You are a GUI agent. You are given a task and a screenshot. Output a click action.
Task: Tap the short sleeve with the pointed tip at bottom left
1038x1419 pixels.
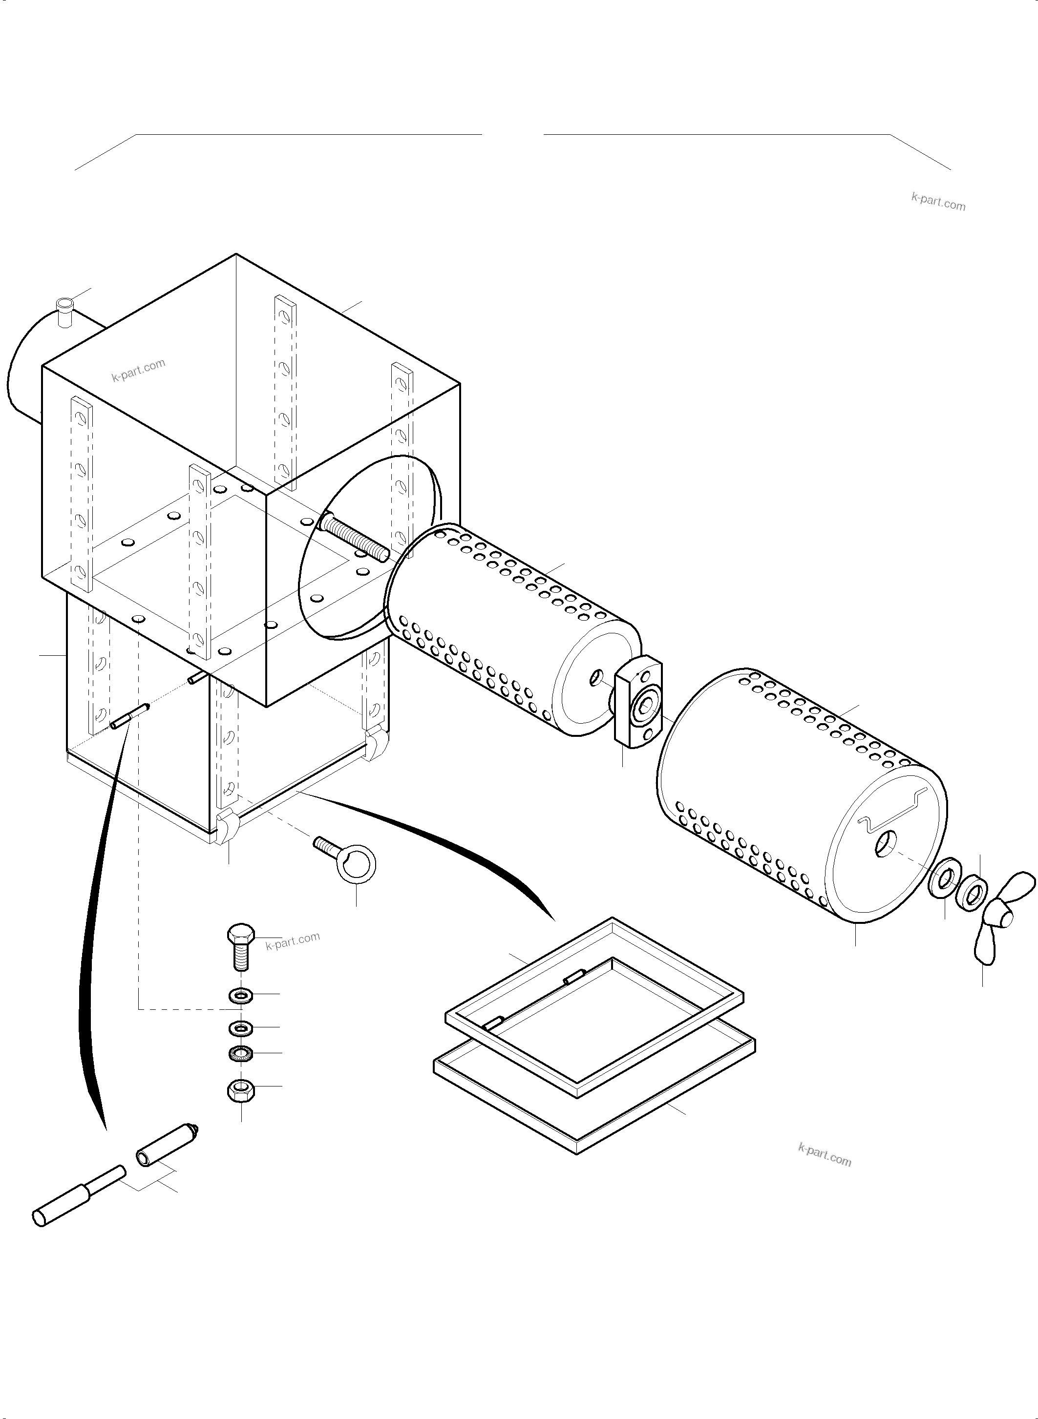click(x=167, y=1145)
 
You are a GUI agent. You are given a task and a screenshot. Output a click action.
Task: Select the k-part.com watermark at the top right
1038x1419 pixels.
click(x=937, y=201)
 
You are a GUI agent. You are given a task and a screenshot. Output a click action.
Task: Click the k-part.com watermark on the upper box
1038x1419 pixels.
click(x=138, y=370)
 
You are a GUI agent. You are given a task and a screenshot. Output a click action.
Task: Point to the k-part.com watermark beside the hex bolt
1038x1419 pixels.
click(x=293, y=941)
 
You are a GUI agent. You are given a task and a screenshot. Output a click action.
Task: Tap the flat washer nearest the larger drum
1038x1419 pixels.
click(x=942, y=879)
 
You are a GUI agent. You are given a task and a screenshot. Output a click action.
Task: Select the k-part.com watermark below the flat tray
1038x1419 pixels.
click(x=825, y=1154)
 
